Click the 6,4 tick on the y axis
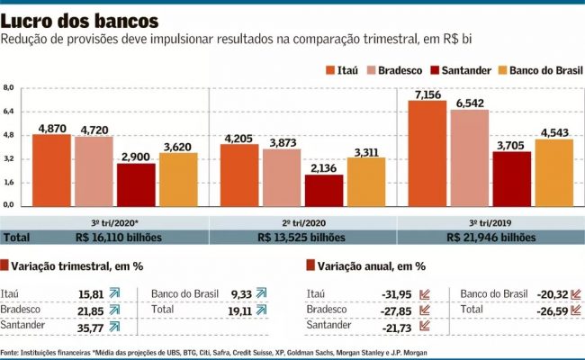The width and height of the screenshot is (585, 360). (9, 112)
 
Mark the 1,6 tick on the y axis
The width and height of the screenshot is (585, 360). (9, 182)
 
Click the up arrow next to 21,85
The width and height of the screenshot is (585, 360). (114, 309)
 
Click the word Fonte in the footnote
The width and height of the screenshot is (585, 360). (11, 351)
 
